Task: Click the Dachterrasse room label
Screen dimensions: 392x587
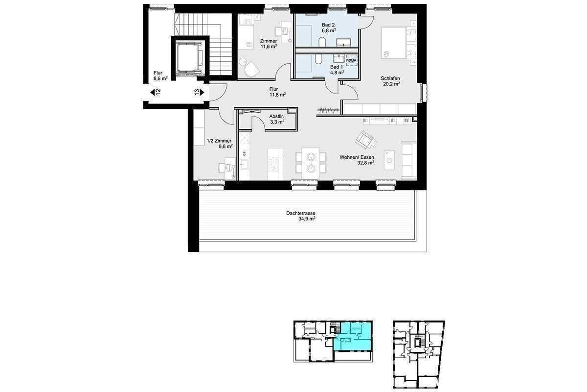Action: (300, 213)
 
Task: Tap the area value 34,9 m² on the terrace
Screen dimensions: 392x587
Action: (307, 219)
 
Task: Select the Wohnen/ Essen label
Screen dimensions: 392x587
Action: (357, 157)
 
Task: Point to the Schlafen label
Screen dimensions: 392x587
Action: (391, 78)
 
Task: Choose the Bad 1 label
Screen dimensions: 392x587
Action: (337, 67)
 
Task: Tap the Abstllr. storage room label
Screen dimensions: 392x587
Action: (277, 117)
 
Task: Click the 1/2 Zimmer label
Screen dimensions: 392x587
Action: (219, 141)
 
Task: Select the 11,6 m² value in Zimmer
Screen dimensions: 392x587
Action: (269, 47)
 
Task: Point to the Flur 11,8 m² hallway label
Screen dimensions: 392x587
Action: (274, 89)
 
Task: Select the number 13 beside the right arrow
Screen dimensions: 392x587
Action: (197, 92)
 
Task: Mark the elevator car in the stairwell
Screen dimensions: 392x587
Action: (189, 58)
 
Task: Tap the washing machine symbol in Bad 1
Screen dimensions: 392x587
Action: (352, 60)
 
